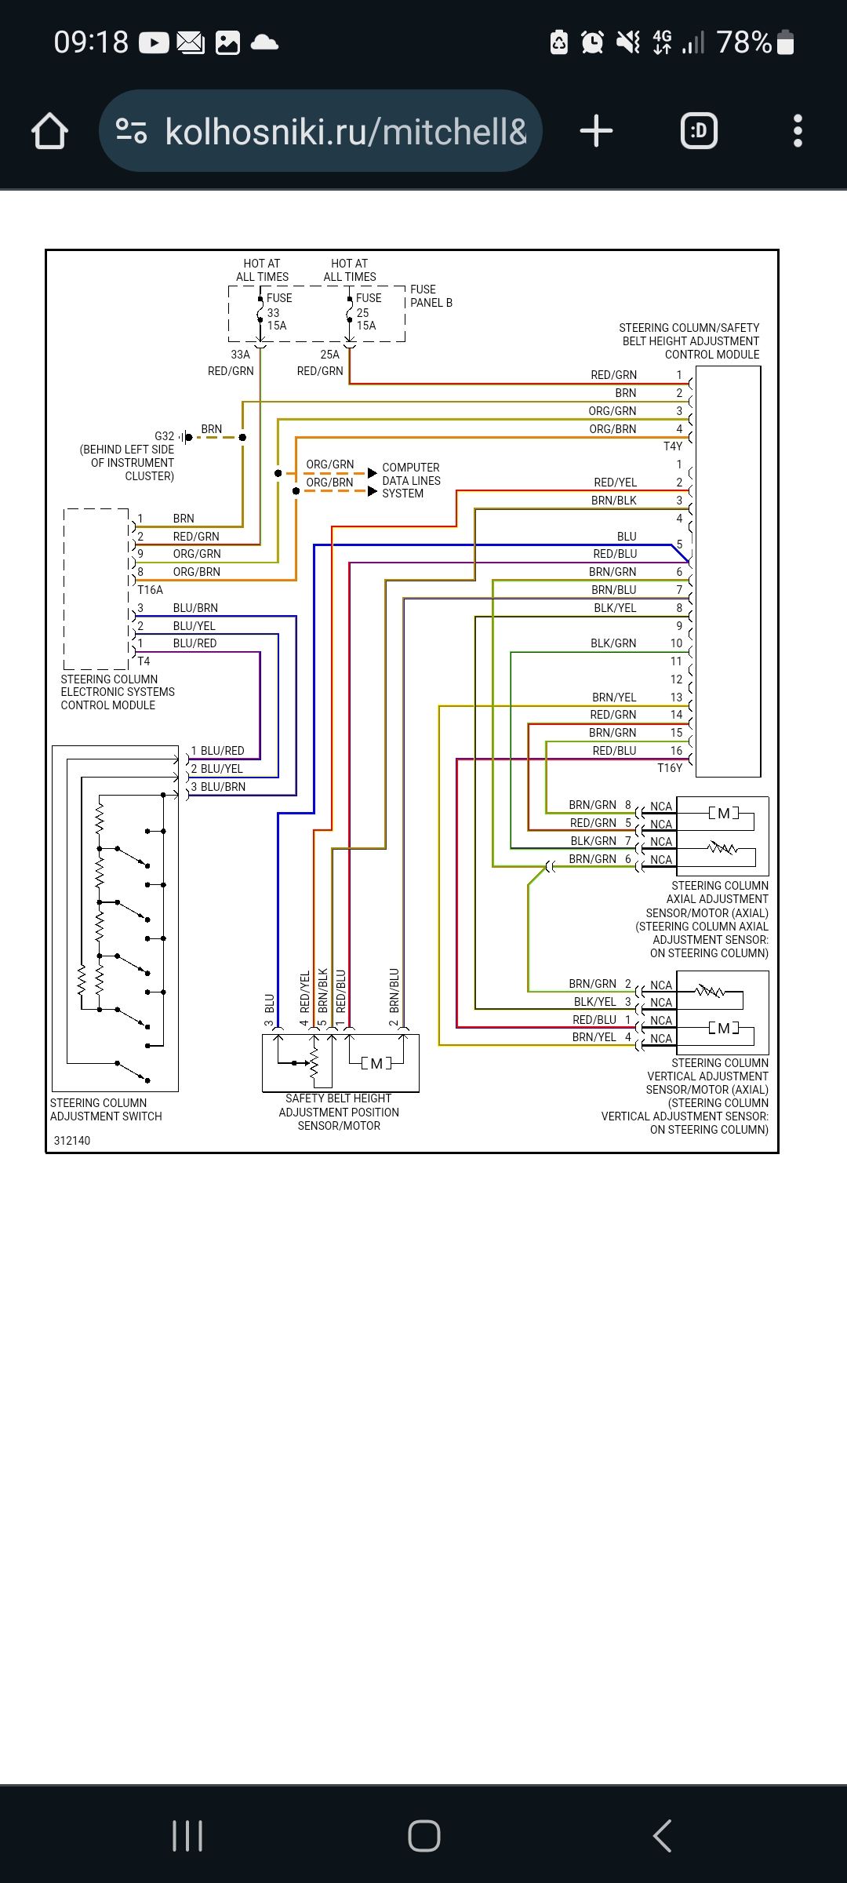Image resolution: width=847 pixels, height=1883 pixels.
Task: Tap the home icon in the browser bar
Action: (x=49, y=131)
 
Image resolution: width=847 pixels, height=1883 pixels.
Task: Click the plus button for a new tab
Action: (x=596, y=131)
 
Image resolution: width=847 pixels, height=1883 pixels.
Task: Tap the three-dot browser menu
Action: (x=798, y=131)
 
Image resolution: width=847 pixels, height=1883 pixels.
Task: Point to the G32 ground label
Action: (x=164, y=436)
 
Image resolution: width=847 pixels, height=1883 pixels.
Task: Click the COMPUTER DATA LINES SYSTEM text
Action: (x=411, y=480)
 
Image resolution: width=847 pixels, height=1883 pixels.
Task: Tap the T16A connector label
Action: (x=150, y=590)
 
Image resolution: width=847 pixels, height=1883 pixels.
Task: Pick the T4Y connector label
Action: (x=672, y=446)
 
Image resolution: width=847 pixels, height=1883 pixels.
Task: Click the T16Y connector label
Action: (x=669, y=768)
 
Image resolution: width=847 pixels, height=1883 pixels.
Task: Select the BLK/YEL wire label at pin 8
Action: (x=615, y=608)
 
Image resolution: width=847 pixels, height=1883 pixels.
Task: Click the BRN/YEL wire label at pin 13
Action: (x=614, y=697)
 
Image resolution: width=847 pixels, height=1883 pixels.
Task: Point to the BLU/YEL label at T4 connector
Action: (x=194, y=626)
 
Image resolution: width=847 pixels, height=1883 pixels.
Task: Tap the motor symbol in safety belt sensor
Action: (x=376, y=1064)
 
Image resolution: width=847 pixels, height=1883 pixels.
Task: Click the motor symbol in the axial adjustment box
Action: (x=724, y=814)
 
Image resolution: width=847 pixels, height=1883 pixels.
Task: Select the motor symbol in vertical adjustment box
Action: (x=724, y=1028)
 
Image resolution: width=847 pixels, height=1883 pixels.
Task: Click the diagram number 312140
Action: (x=71, y=1141)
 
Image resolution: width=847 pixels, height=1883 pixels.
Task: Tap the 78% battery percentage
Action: (x=743, y=42)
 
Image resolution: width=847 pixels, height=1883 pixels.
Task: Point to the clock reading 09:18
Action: (x=91, y=42)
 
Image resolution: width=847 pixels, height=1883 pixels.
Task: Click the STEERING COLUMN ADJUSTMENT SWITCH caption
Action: (x=106, y=1109)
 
